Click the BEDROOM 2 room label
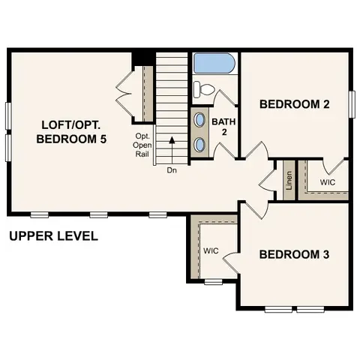point(295,104)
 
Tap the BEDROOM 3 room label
point(294,254)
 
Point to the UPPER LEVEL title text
point(53,237)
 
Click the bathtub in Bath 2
point(214,64)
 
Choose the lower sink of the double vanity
point(200,144)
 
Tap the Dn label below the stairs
point(172,170)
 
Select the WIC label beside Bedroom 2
point(328,182)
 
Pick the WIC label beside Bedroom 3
point(210,250)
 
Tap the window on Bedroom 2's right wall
point(351,103)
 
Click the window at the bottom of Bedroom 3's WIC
point(213,282)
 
